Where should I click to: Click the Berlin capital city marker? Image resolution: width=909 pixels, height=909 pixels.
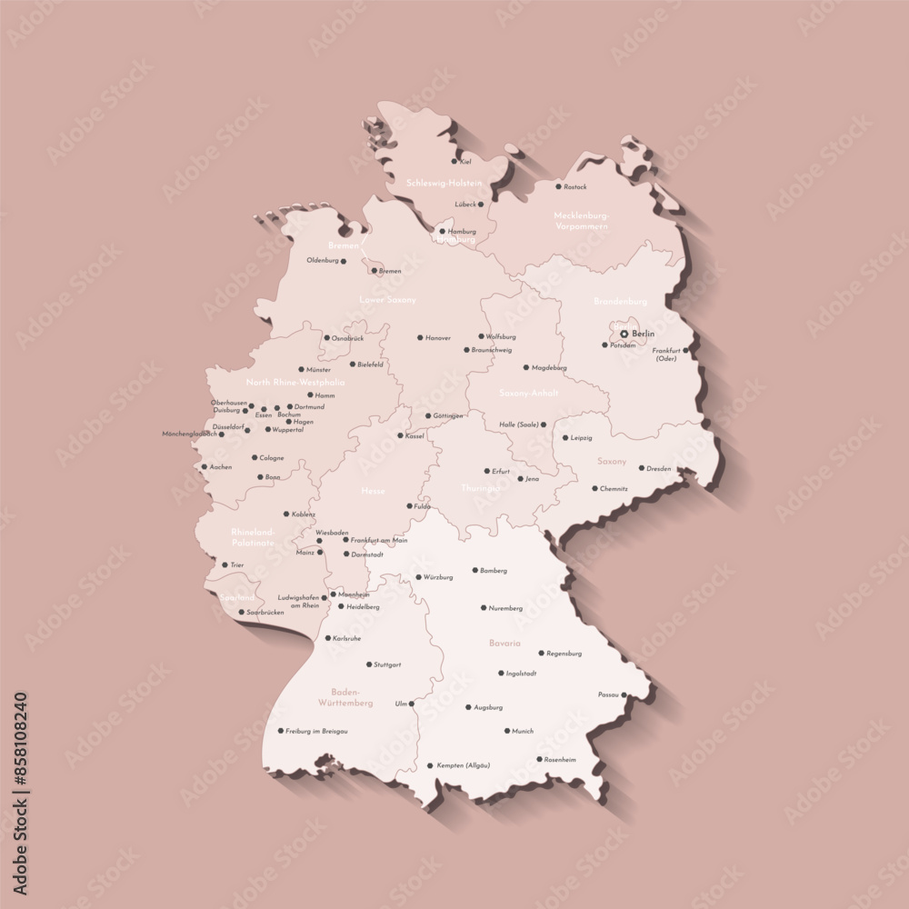(x=624, y=335)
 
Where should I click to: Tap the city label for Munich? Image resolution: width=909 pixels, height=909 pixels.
(x=523, y=731)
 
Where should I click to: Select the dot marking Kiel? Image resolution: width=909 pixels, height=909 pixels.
(x=454, y=162)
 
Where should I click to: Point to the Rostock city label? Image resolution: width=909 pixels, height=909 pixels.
(x=575, y=187)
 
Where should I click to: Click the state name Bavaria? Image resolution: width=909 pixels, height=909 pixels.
(x=504, y=643)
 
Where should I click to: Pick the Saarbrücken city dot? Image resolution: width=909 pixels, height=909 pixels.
(x=241, y=613)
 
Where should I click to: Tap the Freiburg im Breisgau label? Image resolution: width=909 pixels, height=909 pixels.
(x=316, y=731)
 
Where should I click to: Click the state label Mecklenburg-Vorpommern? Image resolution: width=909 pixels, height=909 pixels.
(x=581, y=221)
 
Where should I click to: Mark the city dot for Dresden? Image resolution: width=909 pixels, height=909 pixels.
(x=641, y=469)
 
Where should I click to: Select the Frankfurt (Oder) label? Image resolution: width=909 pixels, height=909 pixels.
(x=666, y=355)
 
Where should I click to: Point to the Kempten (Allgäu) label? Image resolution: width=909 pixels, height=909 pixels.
(x=464, y=765)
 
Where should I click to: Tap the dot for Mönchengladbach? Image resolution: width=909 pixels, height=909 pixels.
(x=221, y=435)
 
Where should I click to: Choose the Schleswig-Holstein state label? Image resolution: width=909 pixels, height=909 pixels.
(x=445, y=183)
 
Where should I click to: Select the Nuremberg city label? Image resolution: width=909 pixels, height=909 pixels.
(x=505, y=608)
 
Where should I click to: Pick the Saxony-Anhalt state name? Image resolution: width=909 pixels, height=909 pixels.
(x=529, y=394)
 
